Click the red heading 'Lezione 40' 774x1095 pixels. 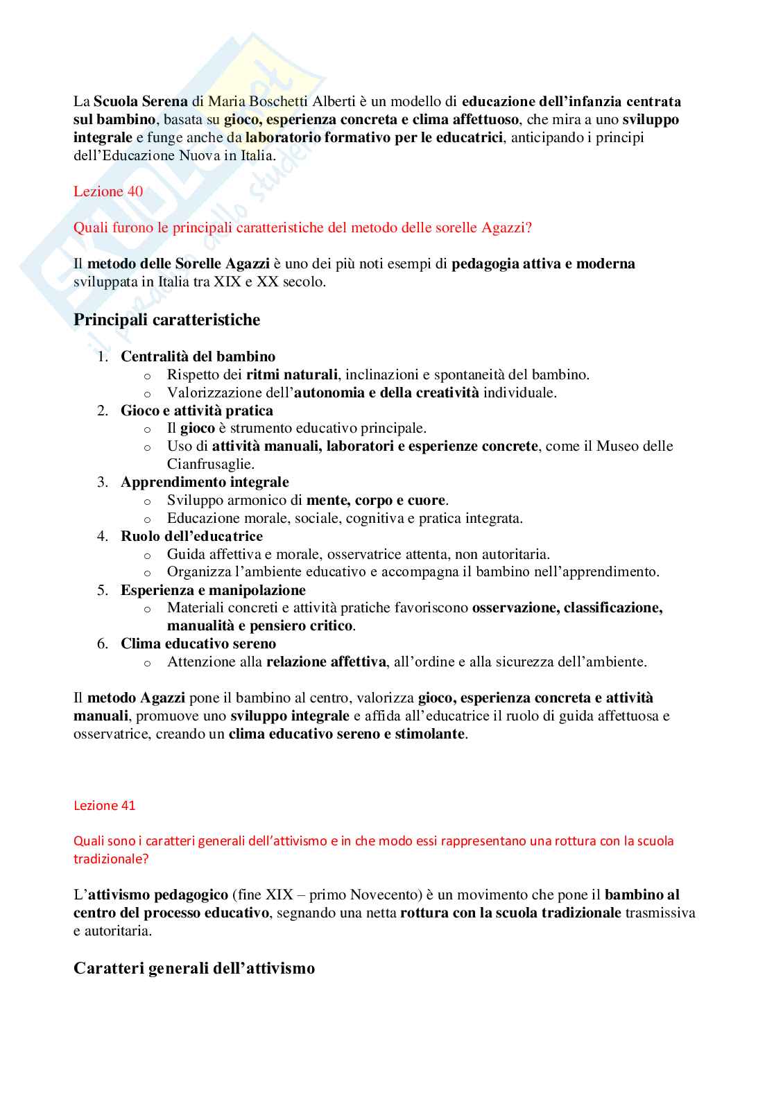108,191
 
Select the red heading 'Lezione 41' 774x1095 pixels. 105,805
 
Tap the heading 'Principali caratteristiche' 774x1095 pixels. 166,320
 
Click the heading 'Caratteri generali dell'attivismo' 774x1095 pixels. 194,968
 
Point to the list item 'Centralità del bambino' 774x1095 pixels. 198,356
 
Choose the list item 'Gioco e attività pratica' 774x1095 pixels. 196,411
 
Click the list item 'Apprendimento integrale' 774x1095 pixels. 205,482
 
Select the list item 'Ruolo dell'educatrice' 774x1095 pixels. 191,536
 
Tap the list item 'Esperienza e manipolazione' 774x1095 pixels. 213,590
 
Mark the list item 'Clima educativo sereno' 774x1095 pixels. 198,644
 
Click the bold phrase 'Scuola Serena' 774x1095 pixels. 141,101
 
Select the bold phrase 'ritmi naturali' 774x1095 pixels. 291,374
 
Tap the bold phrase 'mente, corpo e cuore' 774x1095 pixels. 375,500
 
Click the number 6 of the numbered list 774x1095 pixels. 102,644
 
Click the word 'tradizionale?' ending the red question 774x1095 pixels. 111,859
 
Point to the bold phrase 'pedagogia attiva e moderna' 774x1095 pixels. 543,264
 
